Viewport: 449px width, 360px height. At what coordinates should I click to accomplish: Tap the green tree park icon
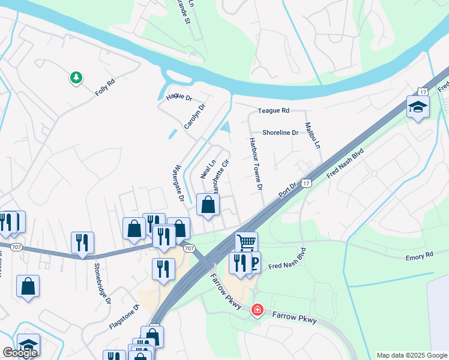point(76,78)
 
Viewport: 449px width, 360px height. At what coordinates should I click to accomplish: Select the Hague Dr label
point(179,97)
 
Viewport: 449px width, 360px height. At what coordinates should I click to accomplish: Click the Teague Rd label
point(273,111)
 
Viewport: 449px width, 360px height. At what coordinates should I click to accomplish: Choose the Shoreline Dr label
point(280,133)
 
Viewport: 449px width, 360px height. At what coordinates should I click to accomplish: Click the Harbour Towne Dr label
point(255,163)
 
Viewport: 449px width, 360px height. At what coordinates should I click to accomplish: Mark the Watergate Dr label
point(178,182)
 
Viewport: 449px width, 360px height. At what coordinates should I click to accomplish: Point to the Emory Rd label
point(419,256)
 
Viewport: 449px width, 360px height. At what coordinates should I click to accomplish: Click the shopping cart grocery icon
point(246,242)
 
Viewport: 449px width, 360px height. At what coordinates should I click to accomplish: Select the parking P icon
point(255,262)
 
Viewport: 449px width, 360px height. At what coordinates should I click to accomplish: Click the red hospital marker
point(257,310)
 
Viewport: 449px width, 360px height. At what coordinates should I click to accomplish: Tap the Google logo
point(20,353)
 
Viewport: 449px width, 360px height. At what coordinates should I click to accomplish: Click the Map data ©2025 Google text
point(412,355)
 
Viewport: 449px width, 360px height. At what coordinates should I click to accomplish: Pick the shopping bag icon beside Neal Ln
point(208,205)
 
